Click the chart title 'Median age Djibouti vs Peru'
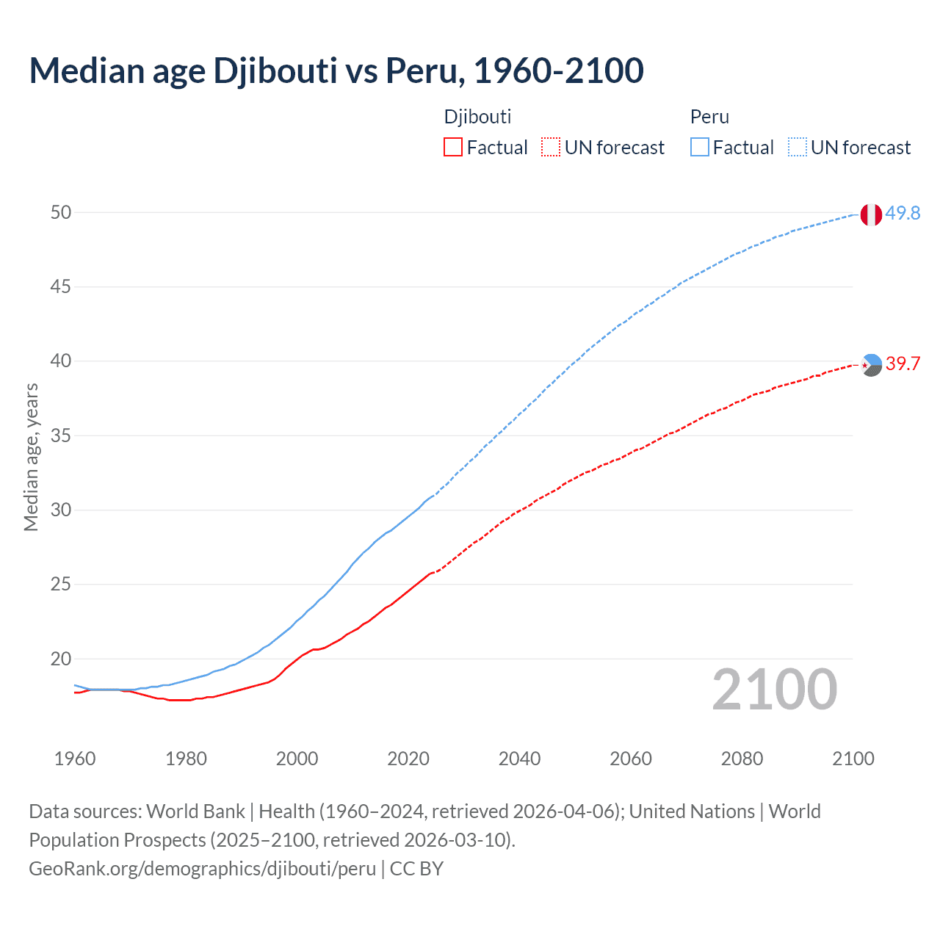coord(336,70)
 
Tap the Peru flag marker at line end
coord(871,214)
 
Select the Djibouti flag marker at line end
coord(871,365)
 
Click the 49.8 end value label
coord(903,213)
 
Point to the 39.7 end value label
coord(903,364)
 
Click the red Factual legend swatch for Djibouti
coord(453,148)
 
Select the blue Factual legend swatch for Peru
coord(699,148)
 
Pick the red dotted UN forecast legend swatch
coord(551,148)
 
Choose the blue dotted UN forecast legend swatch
coord(797,148)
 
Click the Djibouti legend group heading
coord(477,117)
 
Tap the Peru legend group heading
coord(709,117)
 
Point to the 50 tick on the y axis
coord(61,212)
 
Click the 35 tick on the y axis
coord(61,435)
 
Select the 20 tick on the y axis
coord(61,659)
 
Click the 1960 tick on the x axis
coord(75,759)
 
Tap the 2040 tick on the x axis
coord(519,759)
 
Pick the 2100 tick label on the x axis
coord(853,759)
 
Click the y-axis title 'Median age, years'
coord(31,457)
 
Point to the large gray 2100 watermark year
coord(775,690)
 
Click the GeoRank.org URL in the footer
coord(202,869)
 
